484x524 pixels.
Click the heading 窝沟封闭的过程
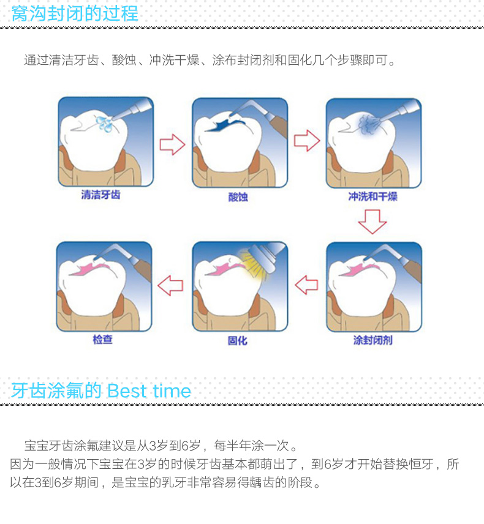click(x=75, y=13)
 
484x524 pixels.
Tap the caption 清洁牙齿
click(x=100, y=195)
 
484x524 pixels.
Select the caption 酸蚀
click(x=238, y=197)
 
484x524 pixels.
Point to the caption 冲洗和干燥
click(x=372, y=196)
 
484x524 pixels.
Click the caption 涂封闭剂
click(x=372, y=340)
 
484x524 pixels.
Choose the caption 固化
click(x=238, y=340)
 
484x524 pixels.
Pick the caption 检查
click(x=103, y=340)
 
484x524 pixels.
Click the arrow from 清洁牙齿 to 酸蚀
click(x=172, y=144)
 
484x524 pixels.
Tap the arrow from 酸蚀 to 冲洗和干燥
click(x=307, y=141)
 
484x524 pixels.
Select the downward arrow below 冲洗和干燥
click(x=372, y=222)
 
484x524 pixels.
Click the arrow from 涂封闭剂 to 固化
click(x=307, y=285)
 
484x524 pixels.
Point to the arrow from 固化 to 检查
click(x=170, y=285)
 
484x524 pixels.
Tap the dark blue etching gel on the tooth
click(x=224, y=124)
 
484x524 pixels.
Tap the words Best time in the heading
click(x=149, y=391)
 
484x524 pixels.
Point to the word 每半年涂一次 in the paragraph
click(x=252, y=446)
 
